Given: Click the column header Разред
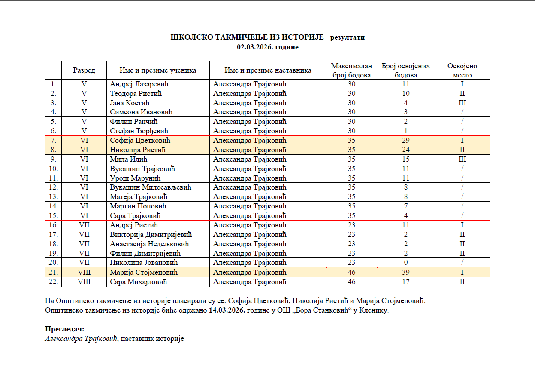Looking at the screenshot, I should (x=84, y=70).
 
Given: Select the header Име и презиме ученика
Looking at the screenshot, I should (x=158, y=70).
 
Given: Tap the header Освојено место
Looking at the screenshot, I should (x=462, y=70).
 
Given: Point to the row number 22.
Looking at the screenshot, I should (x=54, y=282).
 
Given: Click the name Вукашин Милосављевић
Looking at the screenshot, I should (x=150, y=187).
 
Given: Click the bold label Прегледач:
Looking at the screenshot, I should (x=65, y=329).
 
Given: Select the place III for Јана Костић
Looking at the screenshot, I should (x=462, y=103).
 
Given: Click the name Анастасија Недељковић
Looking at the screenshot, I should (x=150, y=244).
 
